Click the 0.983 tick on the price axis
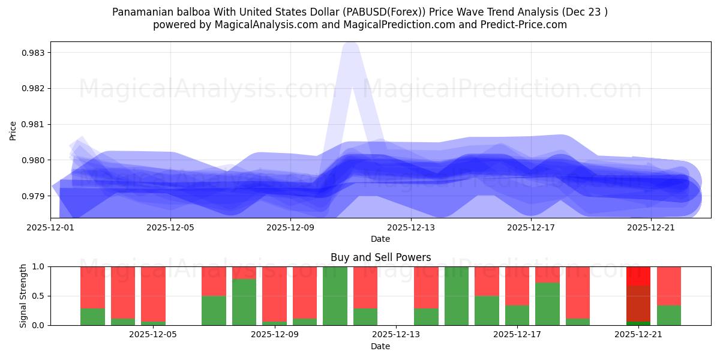pos(34,53)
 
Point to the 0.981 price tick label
pos(34,124)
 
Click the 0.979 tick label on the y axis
pos(34,196)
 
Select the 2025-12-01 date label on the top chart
pos(50,227)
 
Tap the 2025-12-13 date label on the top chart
pos(410,227)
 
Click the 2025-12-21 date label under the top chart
pos(650,227)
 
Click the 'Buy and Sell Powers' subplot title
pos(380,257)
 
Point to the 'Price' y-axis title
pos(13,130)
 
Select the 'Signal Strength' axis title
pos(23,296)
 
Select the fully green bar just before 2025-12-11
pos(335,296)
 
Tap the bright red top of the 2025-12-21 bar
pos(638,275)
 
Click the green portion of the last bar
pos(668,315)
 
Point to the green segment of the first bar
pos(92,317)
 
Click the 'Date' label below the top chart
pos(380,239)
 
